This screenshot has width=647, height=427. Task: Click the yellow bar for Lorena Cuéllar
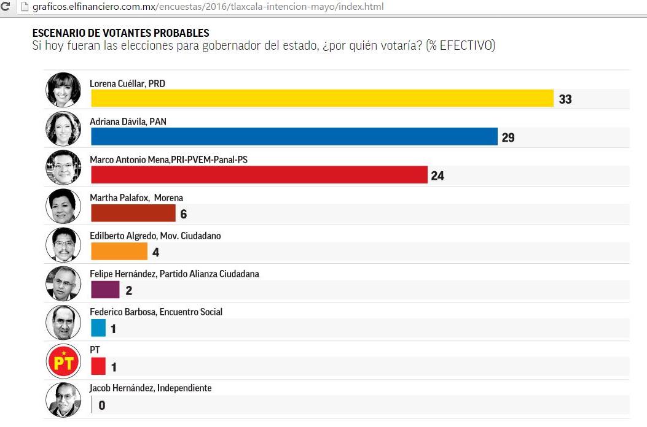(323, 98)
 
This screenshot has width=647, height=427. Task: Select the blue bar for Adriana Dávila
(294, 136)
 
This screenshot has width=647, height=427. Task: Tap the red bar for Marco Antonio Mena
(259, 175)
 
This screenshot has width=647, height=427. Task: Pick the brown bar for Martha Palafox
(133, 213)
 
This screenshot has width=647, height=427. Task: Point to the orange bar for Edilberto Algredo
(119, 252)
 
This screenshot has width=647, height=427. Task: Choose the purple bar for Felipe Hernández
(105, 290)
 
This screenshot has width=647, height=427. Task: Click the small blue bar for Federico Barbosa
(98, 328)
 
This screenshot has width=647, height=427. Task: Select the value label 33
(565, 99)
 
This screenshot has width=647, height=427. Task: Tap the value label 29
(508, 137)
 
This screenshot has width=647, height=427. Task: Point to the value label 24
(437, 176)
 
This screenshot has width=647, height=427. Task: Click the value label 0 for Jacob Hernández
(102, 406)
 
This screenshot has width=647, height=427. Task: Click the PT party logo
(63, 361)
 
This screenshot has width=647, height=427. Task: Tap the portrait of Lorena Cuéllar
(63, 90)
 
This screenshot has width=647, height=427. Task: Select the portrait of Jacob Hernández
(63, 400)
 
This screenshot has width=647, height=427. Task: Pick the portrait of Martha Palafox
(63, 207)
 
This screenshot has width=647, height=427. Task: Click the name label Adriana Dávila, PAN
(128, 122)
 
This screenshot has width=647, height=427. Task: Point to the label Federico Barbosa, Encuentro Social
(156, 312)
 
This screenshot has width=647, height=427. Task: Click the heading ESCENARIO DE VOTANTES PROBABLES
(120, 33)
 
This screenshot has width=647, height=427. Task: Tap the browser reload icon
(6, 7)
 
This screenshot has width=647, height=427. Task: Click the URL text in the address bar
(209, 7)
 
